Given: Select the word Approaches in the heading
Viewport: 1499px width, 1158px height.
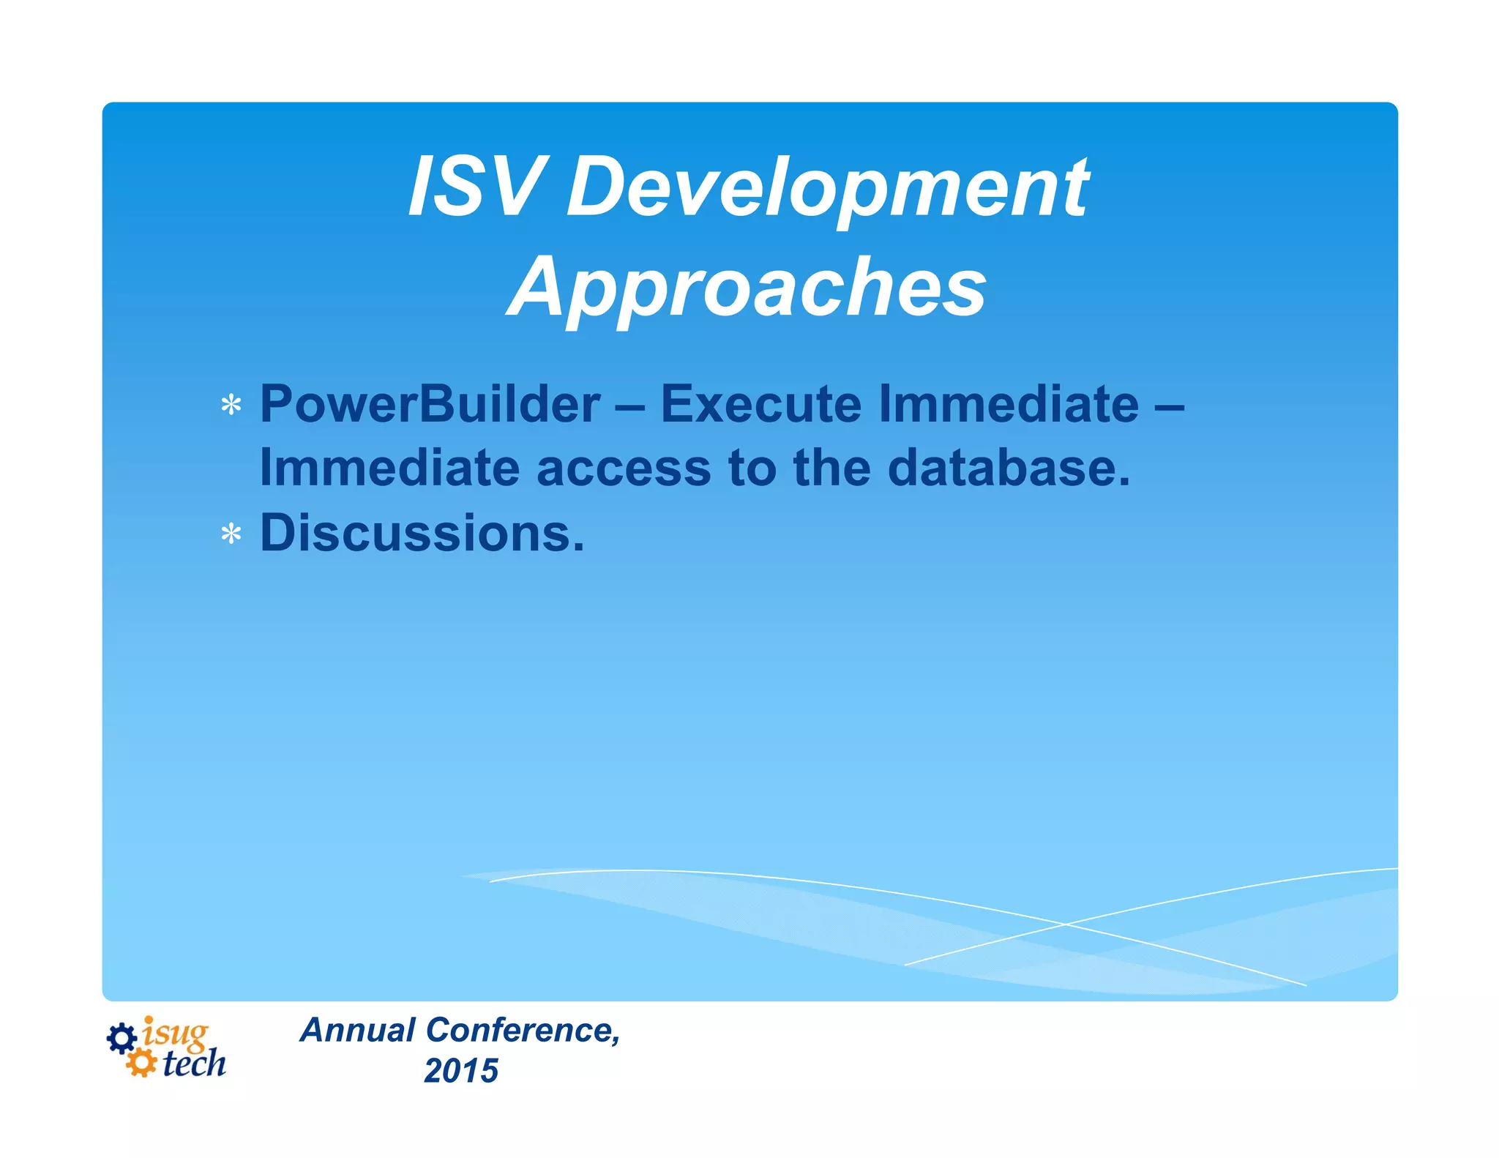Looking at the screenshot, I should pos(747,288).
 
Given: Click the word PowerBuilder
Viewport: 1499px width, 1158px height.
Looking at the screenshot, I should pos(430,404).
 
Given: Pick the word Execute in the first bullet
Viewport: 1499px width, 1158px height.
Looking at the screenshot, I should pos(760,404).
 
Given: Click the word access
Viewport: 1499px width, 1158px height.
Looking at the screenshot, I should pos(623,468).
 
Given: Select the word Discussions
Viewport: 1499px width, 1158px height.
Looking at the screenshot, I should pos(422,532).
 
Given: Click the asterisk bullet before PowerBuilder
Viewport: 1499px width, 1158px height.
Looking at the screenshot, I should pos(231,406).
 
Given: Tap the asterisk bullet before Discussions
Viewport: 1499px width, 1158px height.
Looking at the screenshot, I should pos(231,534).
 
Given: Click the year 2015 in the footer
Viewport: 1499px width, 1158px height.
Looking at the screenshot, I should pos(461,1071).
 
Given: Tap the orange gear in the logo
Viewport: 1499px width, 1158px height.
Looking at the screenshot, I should pos(141,1063).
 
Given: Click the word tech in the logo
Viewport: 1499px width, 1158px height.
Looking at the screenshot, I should pos(194,1064).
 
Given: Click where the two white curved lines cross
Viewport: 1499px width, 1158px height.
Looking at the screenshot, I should pos(1065,924).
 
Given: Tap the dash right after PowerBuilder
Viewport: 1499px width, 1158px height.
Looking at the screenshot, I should pos(630,406).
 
